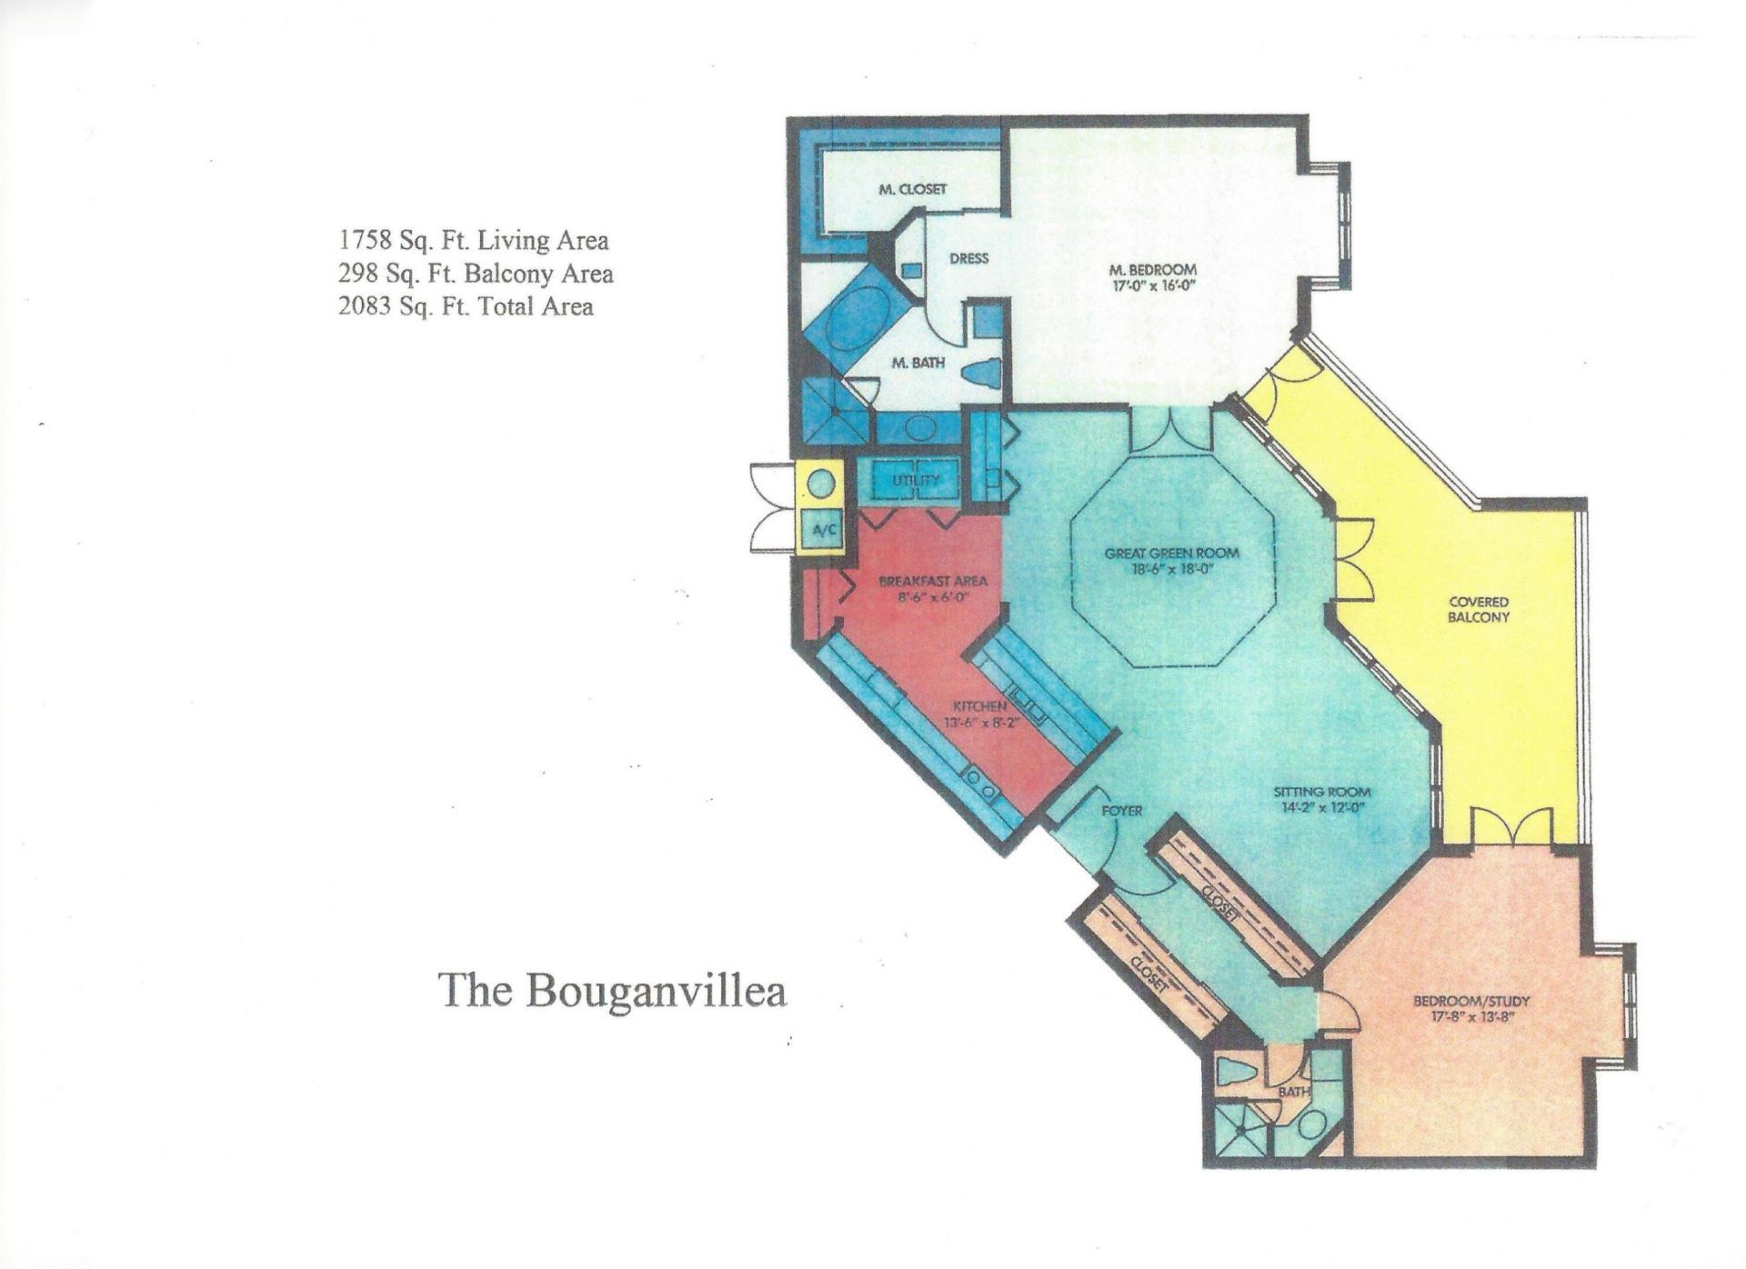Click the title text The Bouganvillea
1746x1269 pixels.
click(x=612, y=990)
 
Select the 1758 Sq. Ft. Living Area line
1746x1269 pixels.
click(x=473, y=241)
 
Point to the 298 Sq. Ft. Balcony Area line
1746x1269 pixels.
click(x=475, y=274)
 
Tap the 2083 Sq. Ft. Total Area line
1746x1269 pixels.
click(x=465, y=306)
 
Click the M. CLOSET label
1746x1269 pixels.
click(x=912, y=189)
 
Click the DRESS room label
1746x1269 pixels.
click(x=968, y=258)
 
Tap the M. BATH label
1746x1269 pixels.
click(x=918, y=363)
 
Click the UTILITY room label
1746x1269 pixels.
click(x=915, y=480)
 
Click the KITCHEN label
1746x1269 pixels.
click(x=979, y=706)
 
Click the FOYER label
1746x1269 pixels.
click(x=1121, y=810)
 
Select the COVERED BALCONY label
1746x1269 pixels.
click(x=1479, y=609)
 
